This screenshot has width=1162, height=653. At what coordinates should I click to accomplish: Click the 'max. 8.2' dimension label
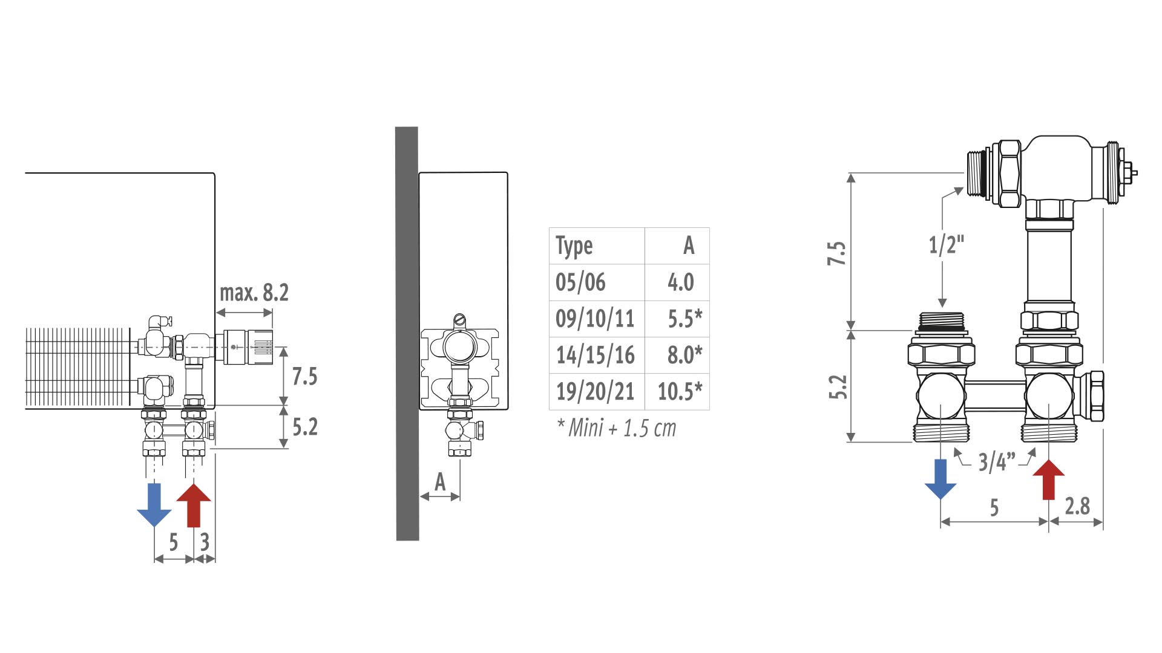254,293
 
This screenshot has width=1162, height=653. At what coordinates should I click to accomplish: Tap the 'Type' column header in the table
574,246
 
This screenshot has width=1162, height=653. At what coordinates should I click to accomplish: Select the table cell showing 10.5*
680,391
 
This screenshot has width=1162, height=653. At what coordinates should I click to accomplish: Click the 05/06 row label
580,282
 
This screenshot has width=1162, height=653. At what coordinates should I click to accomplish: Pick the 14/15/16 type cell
596,355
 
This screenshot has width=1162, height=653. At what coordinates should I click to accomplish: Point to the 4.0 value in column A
681,282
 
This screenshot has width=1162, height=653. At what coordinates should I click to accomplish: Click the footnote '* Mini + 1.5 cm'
616,428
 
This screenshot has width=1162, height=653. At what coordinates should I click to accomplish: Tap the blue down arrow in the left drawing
154,505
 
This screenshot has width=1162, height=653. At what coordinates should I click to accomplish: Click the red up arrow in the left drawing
194,505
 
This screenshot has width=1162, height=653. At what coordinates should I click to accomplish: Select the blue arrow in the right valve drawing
940,479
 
